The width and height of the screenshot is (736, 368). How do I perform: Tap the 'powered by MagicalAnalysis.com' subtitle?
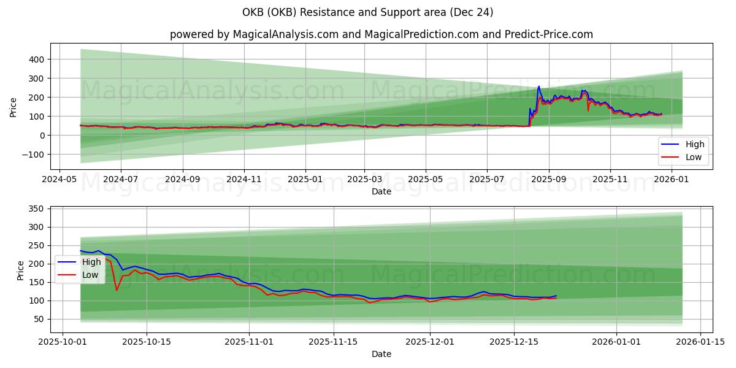pyautogui.click(x=381, y=34)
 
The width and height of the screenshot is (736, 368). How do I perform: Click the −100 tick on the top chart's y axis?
pyautogui.click(x=31, y=155)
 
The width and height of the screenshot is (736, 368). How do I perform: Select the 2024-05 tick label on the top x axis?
pyautogui.click(x=59, y=180)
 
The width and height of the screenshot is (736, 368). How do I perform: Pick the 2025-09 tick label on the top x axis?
pyautogui.click(x=548, y=180)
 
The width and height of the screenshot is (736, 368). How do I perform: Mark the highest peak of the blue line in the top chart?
pyautogui.click(x=539, y=86)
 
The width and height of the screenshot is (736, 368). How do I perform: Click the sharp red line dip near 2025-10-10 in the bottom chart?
pyautogui.click(x=117, y=289)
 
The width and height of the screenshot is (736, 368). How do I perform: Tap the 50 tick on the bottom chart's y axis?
pyautogui.click(x=38, y=319)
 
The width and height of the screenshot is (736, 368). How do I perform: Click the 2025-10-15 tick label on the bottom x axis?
pyautogui.click(x=147, y=342)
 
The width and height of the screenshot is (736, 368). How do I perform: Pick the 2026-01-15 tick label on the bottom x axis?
pyautogui.click(x=700, y=342)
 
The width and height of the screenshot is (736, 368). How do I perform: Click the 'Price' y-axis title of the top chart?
pyautogui.click(x=13, y=107)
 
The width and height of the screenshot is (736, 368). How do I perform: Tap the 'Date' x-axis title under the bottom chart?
pyautogui.click(x=381, y=354)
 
